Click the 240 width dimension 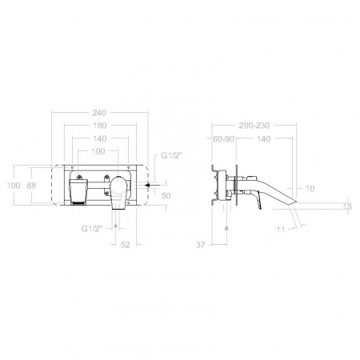(99, 113)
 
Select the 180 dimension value (100, 126)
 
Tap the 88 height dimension (31, 186)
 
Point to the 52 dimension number (125, 245)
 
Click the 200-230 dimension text (254, 126)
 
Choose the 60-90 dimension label (223, 139)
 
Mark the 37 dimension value (201, 245)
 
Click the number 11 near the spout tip (281, 230)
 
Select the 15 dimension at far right (348, 206)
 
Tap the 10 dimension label (310, 189)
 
